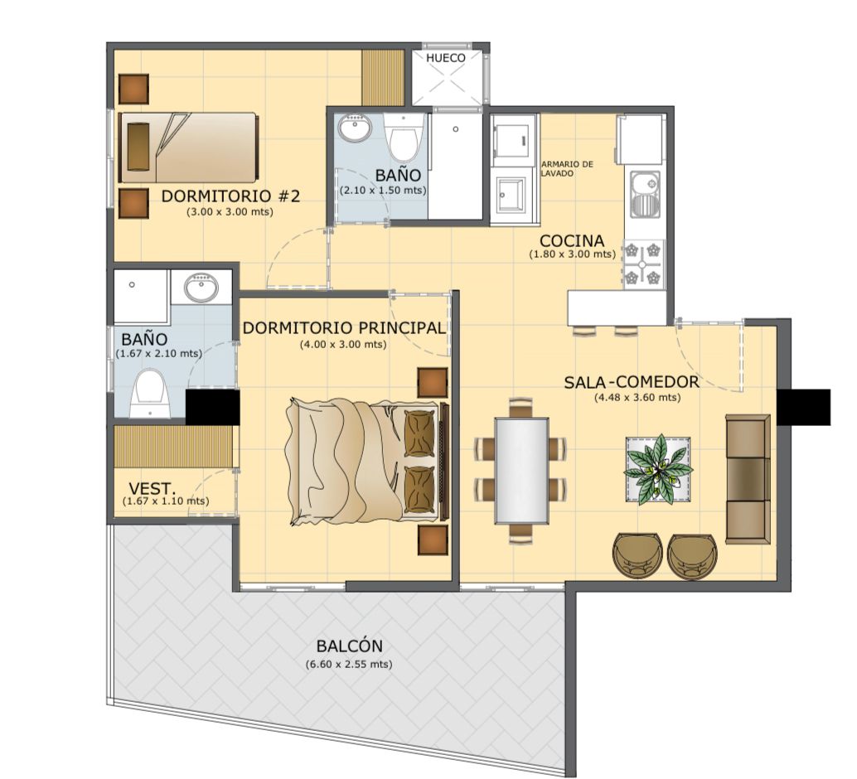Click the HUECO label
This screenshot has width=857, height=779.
(445, 58)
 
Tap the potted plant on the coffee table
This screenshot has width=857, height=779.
(658, 469)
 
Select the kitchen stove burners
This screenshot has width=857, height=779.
(643, 264)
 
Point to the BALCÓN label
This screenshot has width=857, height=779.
(349, 646)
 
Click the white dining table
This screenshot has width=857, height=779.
(521, 471)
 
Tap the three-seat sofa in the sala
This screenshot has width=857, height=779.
(748, 480)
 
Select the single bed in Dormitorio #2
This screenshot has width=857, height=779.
(188, 148)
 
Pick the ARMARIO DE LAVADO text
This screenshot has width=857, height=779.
(567, 168)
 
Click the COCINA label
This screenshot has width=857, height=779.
(572, 240)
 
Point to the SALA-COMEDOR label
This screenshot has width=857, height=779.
(632, 381)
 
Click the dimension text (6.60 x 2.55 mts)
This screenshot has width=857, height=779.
(349, 665)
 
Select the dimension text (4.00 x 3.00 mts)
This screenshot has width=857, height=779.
(343, 345)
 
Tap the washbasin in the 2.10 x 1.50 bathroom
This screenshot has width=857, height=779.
(354, 128)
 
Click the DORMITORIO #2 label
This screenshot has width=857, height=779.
(230, 196)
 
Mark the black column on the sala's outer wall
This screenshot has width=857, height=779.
(803, 407)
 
